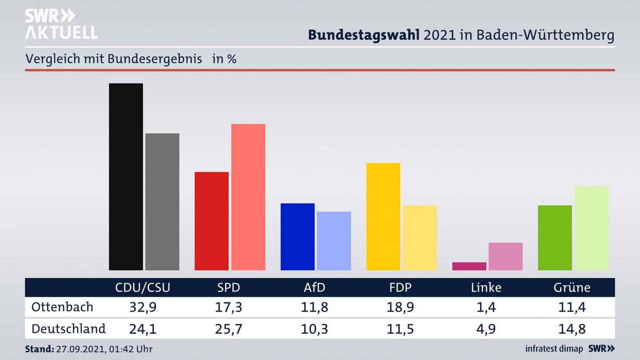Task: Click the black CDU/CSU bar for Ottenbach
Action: click(x=126, y=176)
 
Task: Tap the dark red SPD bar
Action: click(x=212, y=221)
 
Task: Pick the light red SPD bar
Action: click(x=248, y=197)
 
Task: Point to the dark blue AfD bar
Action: click(x=297, y=236)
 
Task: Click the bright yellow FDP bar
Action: click(x=383, y=216)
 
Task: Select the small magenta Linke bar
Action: click(x=469, y=266)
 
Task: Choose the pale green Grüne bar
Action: click(x=591, y=228)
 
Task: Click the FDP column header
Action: click(x=400, y=288)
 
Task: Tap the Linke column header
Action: click(x=486, y=288)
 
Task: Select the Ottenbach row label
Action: click(x=62, y=307)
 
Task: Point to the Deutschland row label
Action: click(x=68, y=329)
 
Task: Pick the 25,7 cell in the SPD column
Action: click(x=228, y=329)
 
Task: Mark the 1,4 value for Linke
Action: click(x=486, y=307)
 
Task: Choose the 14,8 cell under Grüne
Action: click(x=572, y=329)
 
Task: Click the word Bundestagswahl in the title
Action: click(x=364, y=35)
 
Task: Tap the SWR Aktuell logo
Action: click(x=61, y=24)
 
